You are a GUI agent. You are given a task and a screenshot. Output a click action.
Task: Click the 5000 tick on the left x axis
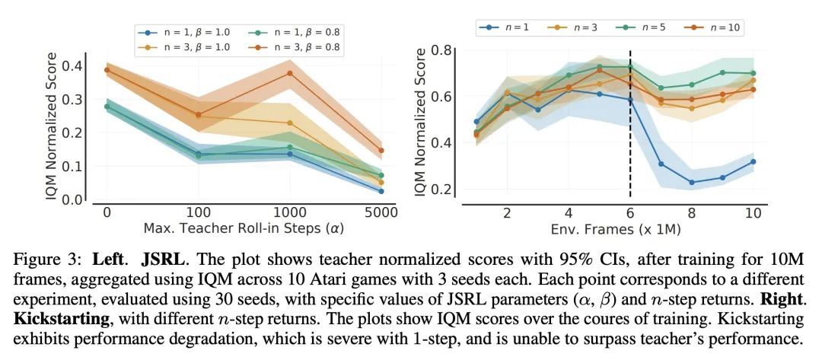(x=381, y=215)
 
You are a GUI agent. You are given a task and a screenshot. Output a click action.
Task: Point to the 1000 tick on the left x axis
(x=289, y=215)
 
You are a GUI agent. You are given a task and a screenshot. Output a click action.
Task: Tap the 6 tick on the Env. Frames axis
(x=630, y=215)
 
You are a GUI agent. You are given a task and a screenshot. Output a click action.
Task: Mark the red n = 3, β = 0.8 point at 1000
(x=289, y=73)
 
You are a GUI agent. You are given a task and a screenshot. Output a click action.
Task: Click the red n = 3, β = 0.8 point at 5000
(x=381, y=151)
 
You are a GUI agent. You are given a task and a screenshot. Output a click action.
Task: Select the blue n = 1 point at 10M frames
(x=752, y=161)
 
